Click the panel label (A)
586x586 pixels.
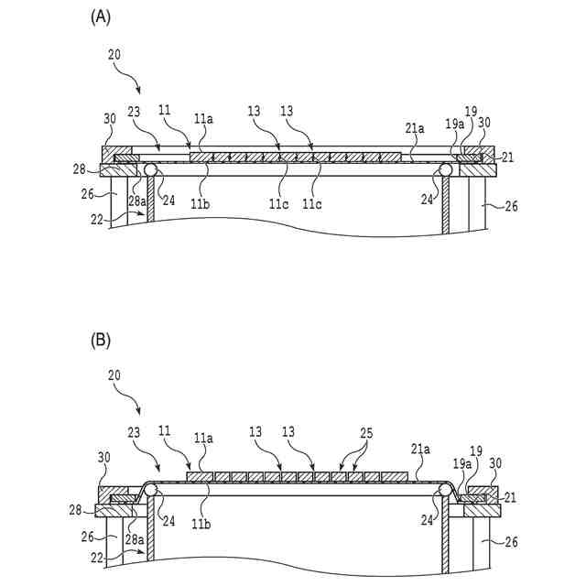101,16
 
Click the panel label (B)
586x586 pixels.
101,340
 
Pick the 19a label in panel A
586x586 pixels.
455,124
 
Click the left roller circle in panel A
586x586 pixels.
149,169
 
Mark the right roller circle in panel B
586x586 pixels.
446,491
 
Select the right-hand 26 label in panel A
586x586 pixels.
511,207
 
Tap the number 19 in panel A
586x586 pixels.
471,111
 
